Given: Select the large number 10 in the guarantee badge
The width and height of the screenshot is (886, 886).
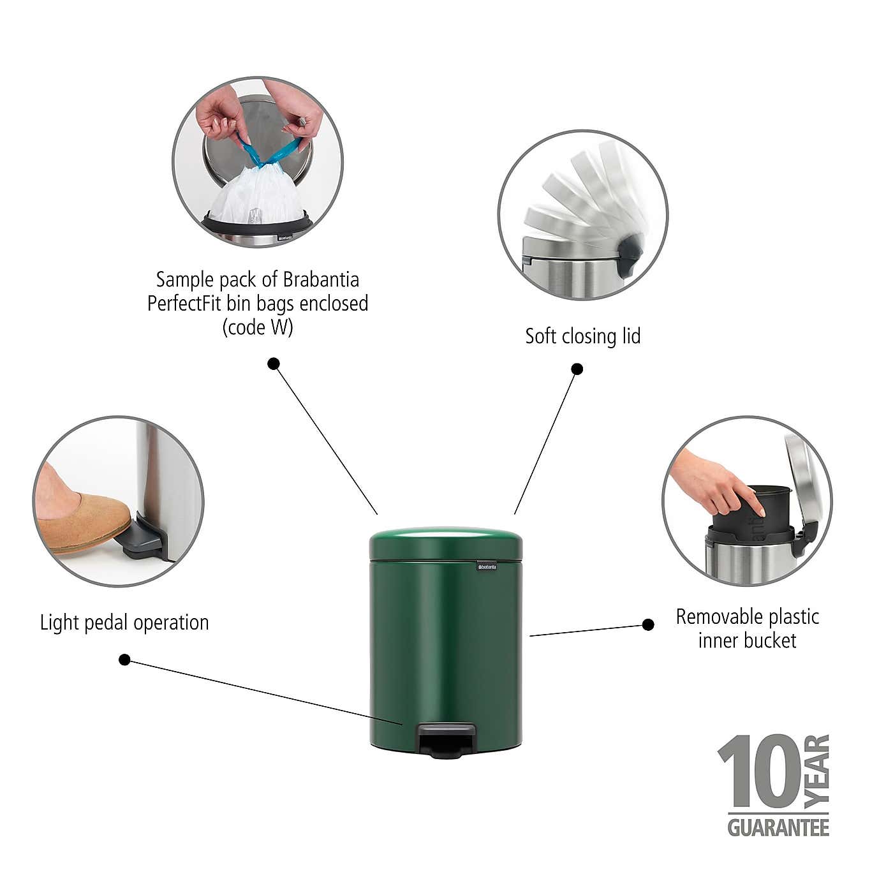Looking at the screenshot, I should pyautogui.click(x=758, y=772).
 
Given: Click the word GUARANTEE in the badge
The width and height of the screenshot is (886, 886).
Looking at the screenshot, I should pyautogui.click(x=778, y=827).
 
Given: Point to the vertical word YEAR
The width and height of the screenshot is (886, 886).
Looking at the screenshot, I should pyautogui.click(x=817, y=771).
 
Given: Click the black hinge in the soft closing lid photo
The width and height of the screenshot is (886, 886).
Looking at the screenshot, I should pyautogui.click(x=629, y=253).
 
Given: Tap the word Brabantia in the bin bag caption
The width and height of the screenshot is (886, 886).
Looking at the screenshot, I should pyautogui.click(x=321, y=279).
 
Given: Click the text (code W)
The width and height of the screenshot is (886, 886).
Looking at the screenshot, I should pyautogui.click(x=258, y=327).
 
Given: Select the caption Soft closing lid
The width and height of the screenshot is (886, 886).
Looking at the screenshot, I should pyautogui.click(x=582, y=336).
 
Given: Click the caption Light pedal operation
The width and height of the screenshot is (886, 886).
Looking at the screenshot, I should pyautogui.click(x=124, y=623).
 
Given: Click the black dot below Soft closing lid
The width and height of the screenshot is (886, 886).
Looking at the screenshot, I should pyautogui.click(x=577, y=369).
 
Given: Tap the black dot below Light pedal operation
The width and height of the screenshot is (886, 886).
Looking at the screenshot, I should pyautogui.click(x=125, y=660).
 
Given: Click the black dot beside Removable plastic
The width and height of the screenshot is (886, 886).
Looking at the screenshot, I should pyautogui.click(x=648, y=624).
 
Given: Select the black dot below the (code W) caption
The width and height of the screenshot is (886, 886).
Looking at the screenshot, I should pyautogui.click(x=274, y=364).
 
